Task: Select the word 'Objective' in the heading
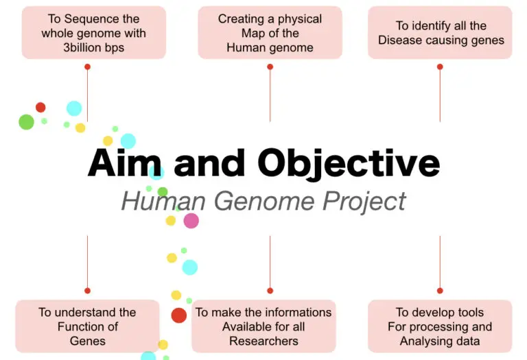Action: click(349, 164)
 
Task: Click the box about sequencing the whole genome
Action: click(93, 32)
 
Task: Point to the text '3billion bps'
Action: click(93, 47)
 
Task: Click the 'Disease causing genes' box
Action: click(440, 32)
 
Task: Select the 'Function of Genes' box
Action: click(87, 326)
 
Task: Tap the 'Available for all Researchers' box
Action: click(263, 326)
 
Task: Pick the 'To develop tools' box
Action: click(440, 326)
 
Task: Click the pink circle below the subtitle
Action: click(191, 221)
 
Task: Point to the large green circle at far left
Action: click(26, 122)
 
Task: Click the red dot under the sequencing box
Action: click(87, 67)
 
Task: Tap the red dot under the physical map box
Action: click(270, 67)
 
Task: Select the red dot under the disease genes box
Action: click(440, 67)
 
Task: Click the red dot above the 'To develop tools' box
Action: click(440, 291)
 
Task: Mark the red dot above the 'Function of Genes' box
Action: click(87, 291)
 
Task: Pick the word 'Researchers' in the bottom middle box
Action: click(263, 341)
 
